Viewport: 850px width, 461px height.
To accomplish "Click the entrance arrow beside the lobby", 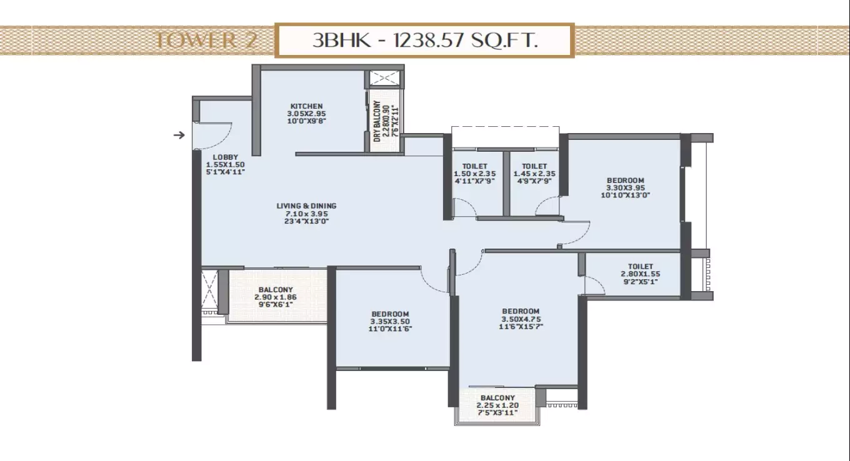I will (x=179, y=135).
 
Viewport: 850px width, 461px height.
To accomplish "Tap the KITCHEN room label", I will (x=306, y=106).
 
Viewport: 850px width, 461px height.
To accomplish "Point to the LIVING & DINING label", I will (x=306, y=206).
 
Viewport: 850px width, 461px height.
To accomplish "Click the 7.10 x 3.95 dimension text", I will (x=306, y=213).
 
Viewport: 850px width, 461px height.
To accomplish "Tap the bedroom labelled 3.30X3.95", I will (x=625, y=187).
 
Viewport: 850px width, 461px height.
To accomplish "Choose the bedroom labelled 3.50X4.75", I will (x=520, y=319).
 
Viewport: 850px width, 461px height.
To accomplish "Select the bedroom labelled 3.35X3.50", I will (x=390, y=321).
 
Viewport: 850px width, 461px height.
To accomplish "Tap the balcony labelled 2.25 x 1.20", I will (x=497, y=405).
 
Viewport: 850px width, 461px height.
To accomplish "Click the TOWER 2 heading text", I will (x=196, y=41).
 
